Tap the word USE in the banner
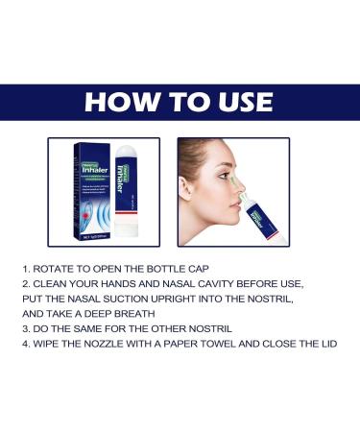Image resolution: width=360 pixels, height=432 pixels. point(238,102)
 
